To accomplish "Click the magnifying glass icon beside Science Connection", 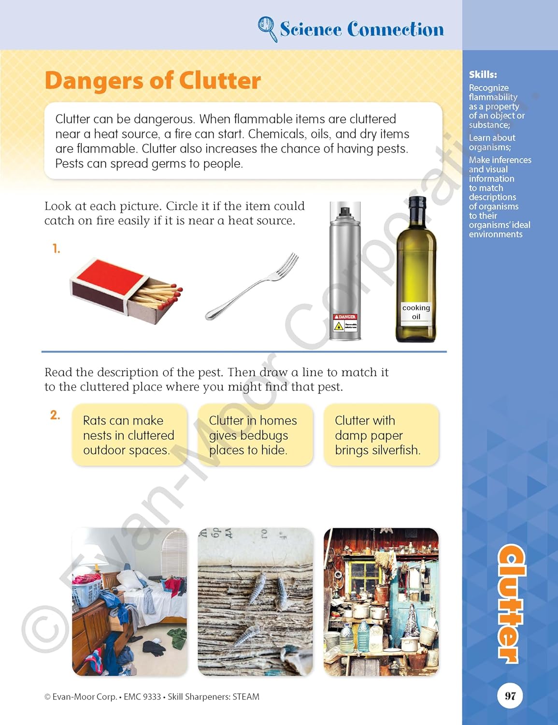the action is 267,29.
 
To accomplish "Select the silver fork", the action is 252,286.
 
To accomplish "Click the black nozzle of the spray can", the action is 344,212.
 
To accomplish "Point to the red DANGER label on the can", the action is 345,316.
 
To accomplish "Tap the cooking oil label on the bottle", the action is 416,312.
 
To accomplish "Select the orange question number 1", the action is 57,248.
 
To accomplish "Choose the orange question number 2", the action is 55,415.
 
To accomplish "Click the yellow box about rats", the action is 129,435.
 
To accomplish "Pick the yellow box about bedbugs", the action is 256,435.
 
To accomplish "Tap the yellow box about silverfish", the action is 381,435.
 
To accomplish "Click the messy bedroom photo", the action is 129,602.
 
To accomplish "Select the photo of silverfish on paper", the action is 256,602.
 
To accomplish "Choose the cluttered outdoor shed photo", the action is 381,602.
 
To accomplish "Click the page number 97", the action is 510,696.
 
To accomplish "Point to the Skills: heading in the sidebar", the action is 483,74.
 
